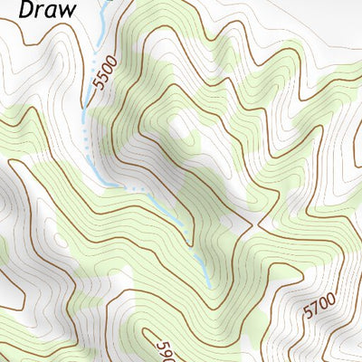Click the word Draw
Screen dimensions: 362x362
point(43,12)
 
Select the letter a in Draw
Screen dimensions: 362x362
point(49,13)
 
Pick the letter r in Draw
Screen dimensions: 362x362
point(38,13)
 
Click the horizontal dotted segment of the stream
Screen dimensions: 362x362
point(137,188)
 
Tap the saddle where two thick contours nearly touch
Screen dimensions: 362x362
point(259,221)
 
